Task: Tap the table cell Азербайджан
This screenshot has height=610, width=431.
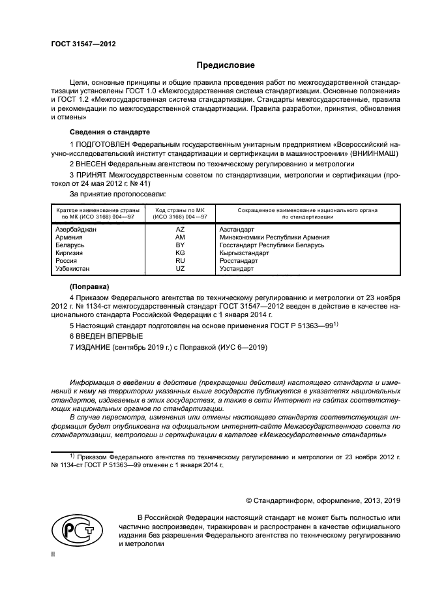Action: tap(76, 230)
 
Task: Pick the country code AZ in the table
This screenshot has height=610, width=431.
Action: tap(181, 230)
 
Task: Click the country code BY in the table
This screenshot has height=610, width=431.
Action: tap(181, 245)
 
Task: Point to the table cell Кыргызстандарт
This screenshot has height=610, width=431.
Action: tap(245, 252)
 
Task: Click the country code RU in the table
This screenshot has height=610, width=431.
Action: tap(181, 260)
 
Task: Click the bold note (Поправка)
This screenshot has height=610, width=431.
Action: tap(89, 286)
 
